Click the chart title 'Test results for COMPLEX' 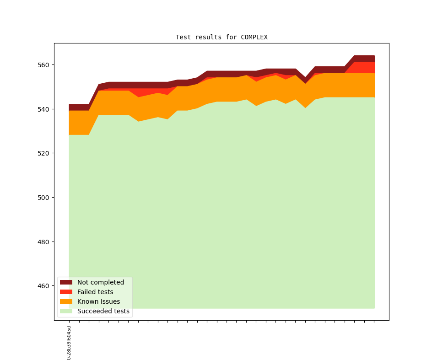221,37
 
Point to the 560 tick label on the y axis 44,65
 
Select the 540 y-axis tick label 44,109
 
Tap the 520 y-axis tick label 44,153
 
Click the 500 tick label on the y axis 44,198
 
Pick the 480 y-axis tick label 44,242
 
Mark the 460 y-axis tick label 44,286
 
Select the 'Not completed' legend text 100,282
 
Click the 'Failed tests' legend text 95,292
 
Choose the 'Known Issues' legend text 98,301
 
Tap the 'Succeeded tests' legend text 103,311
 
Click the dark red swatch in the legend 66,282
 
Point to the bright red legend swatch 66,292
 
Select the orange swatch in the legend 66,301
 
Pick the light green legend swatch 66,311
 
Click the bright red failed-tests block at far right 365,67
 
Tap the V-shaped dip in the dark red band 305,81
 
